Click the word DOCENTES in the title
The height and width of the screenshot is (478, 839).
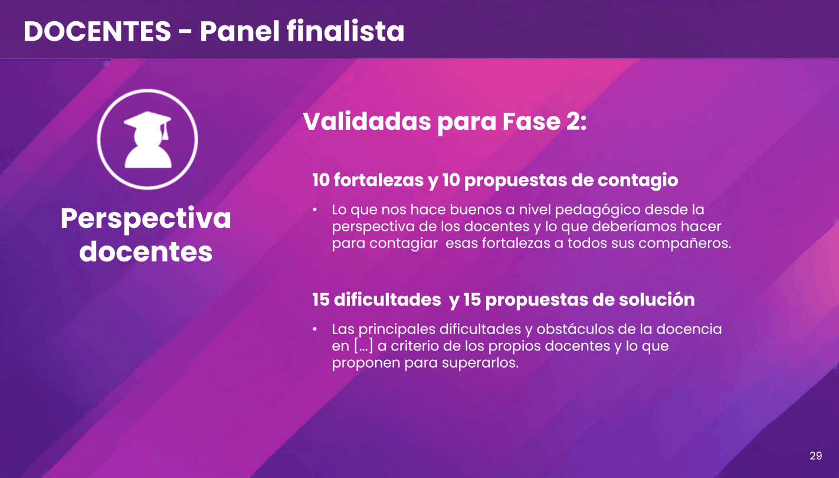(x=97, y=31)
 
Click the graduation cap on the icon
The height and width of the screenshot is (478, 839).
(x=147, y=122)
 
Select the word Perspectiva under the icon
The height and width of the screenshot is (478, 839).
(x=146, y=220)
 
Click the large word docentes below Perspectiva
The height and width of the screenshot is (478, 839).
(x=146, y=251)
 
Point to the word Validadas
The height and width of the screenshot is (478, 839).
(x=366, y=122)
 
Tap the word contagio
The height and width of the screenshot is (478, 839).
(x=637, y=181)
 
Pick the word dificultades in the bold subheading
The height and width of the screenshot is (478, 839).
(x=387, y=299)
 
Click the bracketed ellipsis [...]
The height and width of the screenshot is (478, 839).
(x=363, y=346)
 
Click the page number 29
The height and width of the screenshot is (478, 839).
(x=816, y=456)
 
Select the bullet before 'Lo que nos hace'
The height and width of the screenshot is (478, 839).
(x=314, y=209)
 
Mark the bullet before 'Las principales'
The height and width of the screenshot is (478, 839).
(x=314, y=329)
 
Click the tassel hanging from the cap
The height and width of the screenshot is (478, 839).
(x=165, y=132)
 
